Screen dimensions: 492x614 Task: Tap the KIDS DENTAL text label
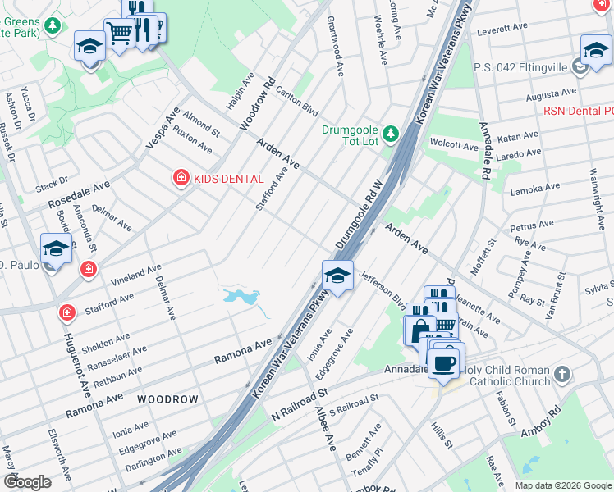228,179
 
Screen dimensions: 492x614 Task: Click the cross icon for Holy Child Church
562,375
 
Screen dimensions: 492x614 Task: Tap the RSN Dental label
578,111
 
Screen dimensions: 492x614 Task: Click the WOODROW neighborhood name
167,399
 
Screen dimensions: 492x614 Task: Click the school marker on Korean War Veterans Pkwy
337,276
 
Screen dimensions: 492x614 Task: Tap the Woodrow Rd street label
256,103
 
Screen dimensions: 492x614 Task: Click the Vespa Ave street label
163,127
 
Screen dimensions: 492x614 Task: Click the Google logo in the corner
27,482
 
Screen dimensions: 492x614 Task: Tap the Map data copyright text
562,485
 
